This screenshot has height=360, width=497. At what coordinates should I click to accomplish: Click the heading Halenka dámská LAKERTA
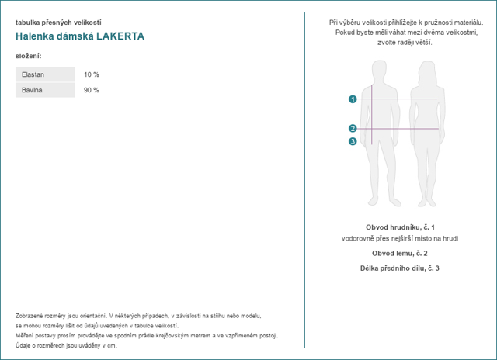tap(79, 36)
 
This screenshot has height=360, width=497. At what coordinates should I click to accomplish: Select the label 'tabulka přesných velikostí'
tap(58, 22)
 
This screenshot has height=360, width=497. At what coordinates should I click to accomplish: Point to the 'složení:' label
tap(29, 56)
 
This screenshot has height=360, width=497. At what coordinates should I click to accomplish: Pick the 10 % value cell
tap(92, 74)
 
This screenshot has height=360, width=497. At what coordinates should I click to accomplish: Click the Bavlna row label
tap(32, 90)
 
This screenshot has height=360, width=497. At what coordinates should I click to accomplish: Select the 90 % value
tap(92, 90)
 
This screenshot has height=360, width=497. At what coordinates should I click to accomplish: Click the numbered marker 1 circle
tap(353, 99)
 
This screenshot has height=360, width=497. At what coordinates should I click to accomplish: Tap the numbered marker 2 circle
tap(353, 128)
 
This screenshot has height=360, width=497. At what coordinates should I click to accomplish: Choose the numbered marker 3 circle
tap(353, 141)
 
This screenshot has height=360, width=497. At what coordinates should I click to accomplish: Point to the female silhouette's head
tap(428, 69)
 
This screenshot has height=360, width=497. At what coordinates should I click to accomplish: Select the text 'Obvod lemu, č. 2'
tap(400, 253)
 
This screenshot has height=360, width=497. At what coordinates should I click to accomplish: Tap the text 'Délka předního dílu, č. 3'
tap(400, 268)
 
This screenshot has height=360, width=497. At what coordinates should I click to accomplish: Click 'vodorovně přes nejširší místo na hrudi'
tap(400, 238)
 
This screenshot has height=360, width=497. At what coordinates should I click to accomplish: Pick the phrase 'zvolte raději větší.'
tap(400, 42)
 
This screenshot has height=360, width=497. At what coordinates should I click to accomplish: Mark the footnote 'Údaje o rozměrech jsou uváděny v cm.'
tap(66, 345)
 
